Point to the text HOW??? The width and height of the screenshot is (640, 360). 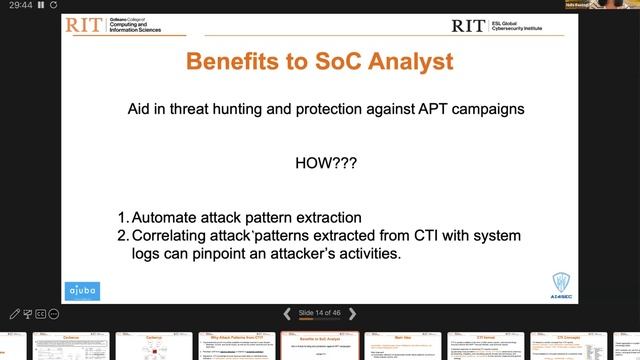click(319, 163)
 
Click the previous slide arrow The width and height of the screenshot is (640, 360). click(288, 313)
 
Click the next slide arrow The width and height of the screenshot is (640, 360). click(354, 313)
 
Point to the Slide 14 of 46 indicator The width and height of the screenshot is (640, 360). click(321, 313)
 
